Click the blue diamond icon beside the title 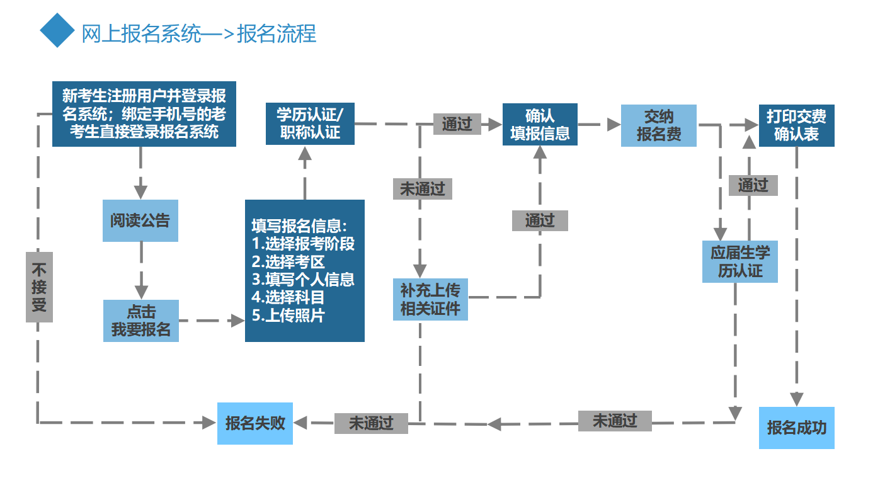click(x=57, y=30)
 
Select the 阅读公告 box click(x=140, y=220)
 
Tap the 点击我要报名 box click(x=141, y=321)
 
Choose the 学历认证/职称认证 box click(x=310, y=123)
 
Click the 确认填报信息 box click(x=540, y=125)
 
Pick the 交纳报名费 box click(x=658, y=125)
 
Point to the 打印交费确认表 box click(x=796, y=125)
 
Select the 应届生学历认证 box click(x=740, y=261)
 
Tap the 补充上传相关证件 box click(x=430, y=299)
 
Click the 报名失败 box click(x=255, y=423)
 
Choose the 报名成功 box click(x=796, y=427)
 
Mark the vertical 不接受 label click(x=39, y=287)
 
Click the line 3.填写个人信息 click(x=303, y=279)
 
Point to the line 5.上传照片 click(x=288, y=316)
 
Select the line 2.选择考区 click(x=288, y=261)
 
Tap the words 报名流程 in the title click(x=277, y=33)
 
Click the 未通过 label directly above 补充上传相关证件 click(x=422, y=189)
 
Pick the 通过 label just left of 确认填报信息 click(x=457, y=124)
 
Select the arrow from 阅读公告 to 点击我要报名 click(x=140, y=271)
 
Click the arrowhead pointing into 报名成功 click(x=797, y=399)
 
